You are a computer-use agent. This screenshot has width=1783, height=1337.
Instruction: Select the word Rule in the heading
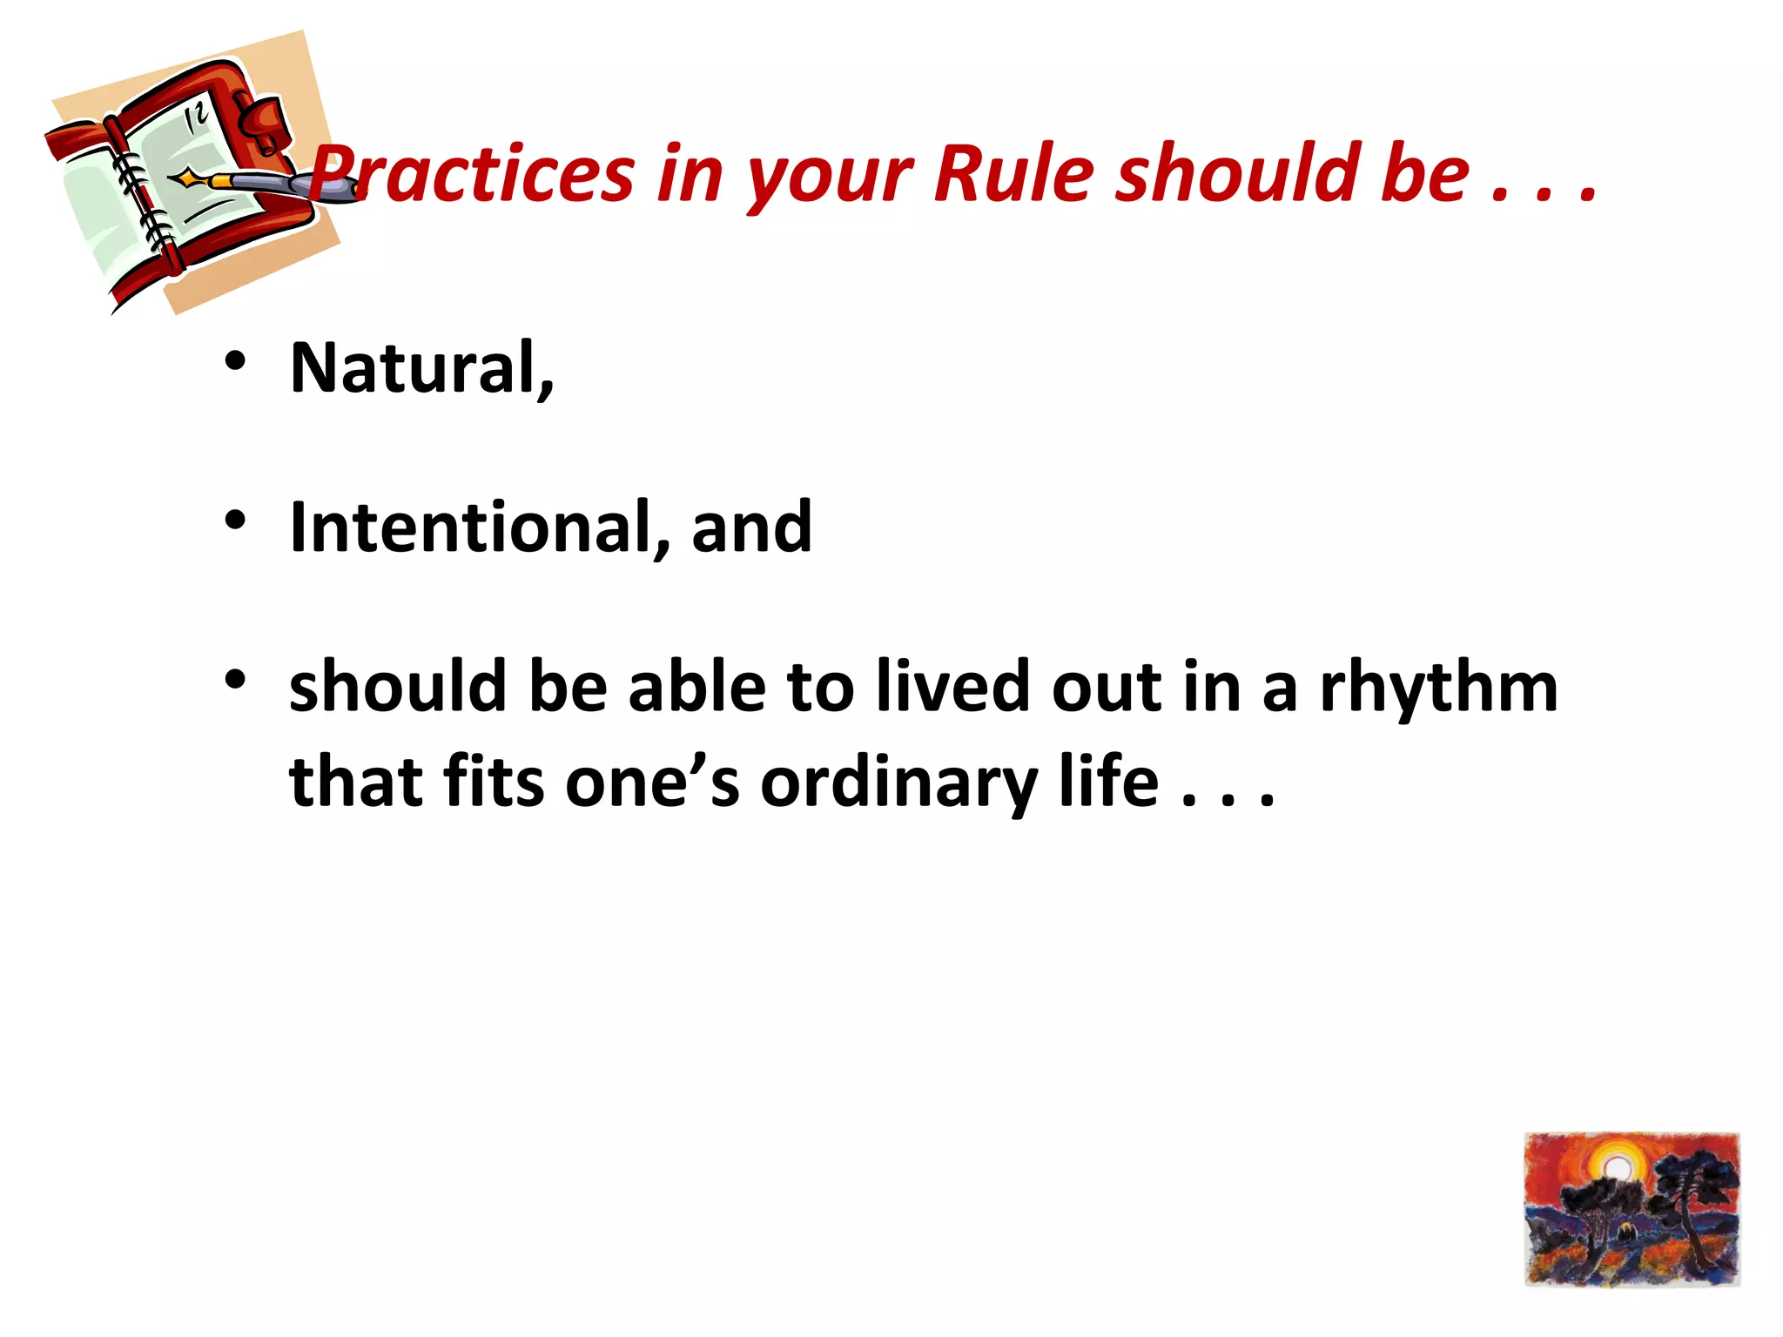(x=1013, y=174)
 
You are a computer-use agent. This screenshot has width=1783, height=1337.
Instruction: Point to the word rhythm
(x=1438, y=688)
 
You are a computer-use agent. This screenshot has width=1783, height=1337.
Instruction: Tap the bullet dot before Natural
(x=235, y=360)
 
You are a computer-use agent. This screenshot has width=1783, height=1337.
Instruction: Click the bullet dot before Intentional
(x=235, y=520)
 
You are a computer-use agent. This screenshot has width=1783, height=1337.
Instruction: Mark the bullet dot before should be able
(x=235, y=679)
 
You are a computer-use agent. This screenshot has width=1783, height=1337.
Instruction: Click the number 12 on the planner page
(x=197, y=117)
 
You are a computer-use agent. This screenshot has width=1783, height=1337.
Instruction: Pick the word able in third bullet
(x=696, y=686)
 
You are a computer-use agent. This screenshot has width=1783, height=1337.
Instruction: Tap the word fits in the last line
(x=493, y=782)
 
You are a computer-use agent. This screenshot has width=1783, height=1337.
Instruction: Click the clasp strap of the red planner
(x=261, y=122)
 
